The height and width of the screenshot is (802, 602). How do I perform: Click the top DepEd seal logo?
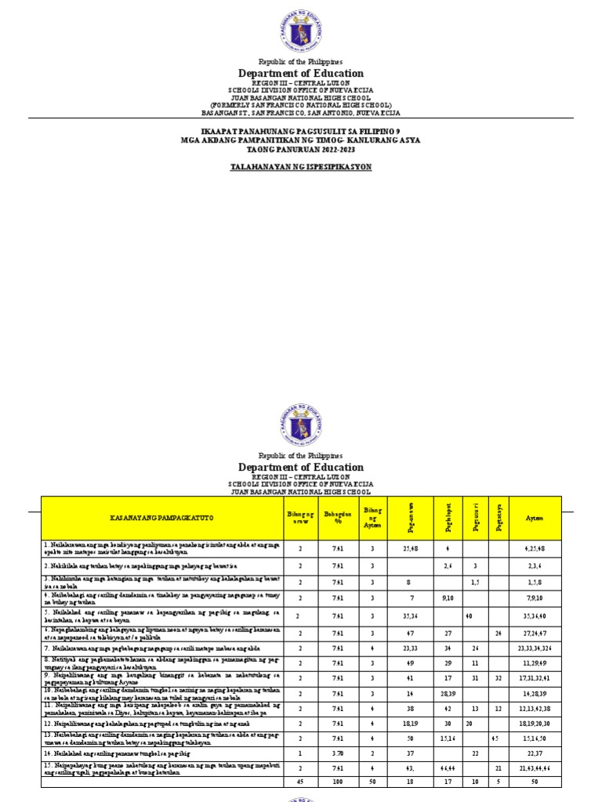click(300, 29)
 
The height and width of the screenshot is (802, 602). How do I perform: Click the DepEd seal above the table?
click(300, 425)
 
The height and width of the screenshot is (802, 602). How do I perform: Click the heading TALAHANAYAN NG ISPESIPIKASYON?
click(300, 167)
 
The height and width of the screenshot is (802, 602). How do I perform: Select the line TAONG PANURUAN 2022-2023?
click(300, 148)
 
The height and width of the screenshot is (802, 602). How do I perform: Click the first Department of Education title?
click(300, 74)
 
